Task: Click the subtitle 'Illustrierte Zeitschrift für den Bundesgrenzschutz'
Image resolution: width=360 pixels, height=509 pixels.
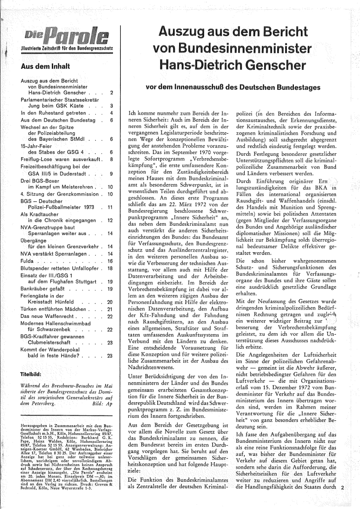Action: point(64,49)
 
